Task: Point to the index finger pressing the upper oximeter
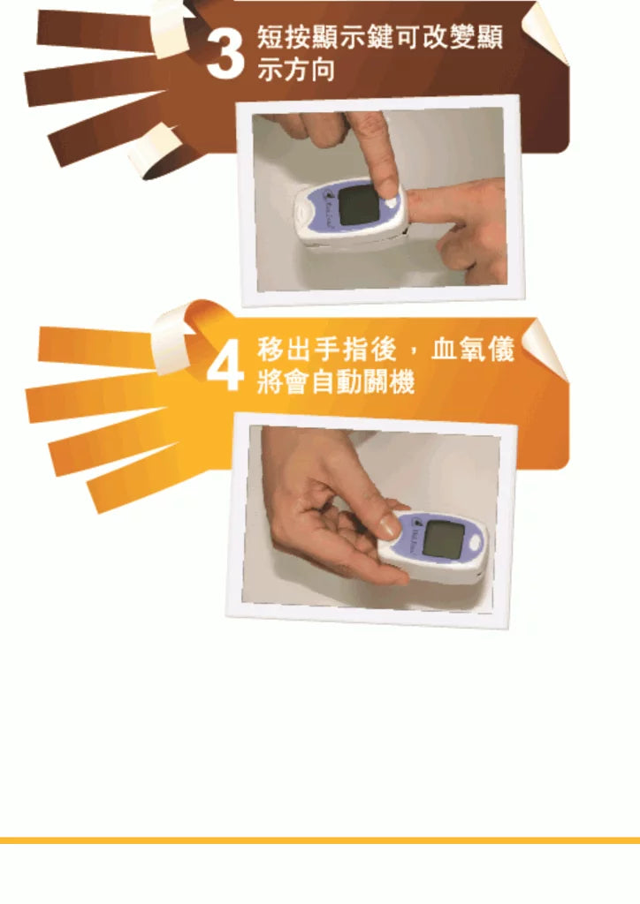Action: click(372, 154)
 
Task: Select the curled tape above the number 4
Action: click(172, 335)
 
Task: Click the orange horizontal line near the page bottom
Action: click(320, 840)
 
